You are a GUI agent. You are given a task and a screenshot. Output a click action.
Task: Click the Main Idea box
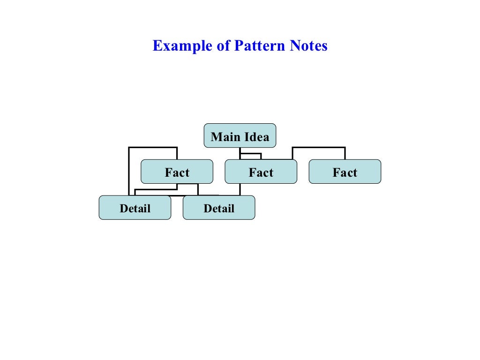coord(240,136)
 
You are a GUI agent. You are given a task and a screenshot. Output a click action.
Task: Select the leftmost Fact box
coord(177,172)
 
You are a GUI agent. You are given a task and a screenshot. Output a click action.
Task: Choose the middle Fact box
coord(261,172)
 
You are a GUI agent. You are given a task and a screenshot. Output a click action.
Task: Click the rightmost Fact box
coord(345,172)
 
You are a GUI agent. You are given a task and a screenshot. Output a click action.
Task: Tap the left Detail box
coord(135,208)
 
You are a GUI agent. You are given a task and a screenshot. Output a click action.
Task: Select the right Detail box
coord(218,208)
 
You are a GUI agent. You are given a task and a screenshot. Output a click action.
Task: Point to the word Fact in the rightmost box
coord(345,173)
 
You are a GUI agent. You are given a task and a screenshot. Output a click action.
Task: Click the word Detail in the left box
coord(135,209)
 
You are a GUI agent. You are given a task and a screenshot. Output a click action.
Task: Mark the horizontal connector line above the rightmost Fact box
coord(319,148)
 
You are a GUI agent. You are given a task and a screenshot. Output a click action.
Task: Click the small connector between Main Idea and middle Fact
coord(250,154)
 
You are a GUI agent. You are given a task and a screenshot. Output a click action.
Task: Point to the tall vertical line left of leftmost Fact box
coord(129,171)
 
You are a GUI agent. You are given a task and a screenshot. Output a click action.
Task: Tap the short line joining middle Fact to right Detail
coord(240,189)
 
